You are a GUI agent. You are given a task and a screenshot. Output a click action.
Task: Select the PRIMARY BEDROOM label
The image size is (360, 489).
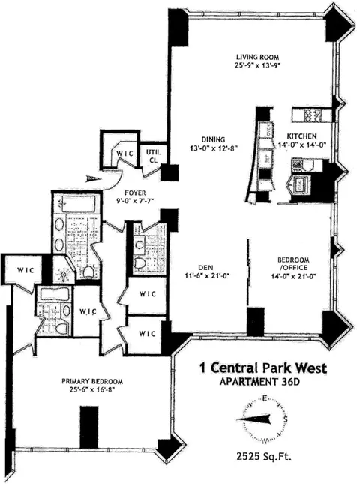pos(93,380)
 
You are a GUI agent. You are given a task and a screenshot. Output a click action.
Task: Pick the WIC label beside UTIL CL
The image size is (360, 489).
pos(122,153)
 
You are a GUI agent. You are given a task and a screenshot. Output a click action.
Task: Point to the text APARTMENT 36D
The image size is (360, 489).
pos(256,380)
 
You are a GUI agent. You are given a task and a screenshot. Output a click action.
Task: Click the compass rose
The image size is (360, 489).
pos(263,417)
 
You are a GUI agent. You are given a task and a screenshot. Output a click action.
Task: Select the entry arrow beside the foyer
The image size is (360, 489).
pos(93,178)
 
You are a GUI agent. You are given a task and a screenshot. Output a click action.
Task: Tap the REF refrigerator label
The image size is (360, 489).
pos(267,159)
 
